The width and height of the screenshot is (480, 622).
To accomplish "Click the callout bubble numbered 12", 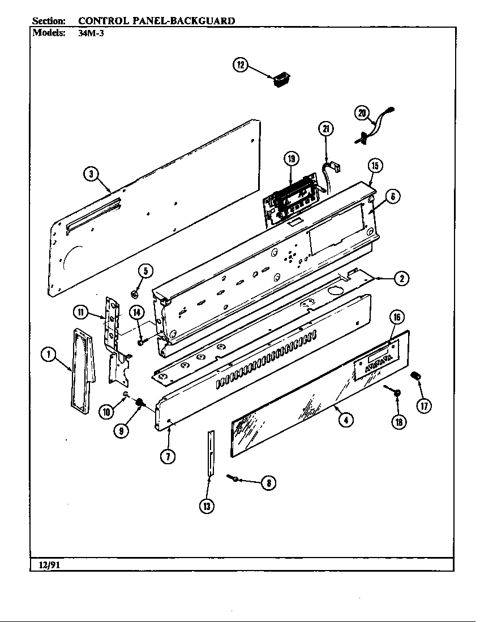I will pyautogui.click(x=240, y=65).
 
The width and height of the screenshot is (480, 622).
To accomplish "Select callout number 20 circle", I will pyautogui.click(x=362, y=113).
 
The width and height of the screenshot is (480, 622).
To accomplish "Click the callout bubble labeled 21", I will pyautogui.click(x=325, y=129).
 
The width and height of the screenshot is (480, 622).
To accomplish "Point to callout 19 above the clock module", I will pyautogui.click(x=291, y=159).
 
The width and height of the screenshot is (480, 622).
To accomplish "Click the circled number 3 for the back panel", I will pyautogui.click(x=90, y=174).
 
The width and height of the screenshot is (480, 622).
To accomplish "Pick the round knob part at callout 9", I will pyautogui.click(x=138, y=403).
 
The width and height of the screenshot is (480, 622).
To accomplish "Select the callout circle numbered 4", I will pyautogui.click(x=346, y=420).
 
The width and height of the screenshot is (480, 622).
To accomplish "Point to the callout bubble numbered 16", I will pyautogui.click(x=397, y=317).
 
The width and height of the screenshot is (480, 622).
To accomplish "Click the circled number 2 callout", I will pyautogui.click(x=401, y=278).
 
